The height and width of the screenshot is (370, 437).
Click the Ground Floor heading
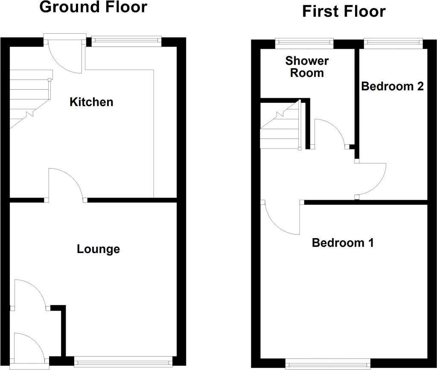[x=93, y=7]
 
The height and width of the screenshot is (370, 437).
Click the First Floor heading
[x=344, y=11]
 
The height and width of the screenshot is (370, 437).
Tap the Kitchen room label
[x=91, y=102]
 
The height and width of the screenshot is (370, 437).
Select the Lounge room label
[x=98, y=249]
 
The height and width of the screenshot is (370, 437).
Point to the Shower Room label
[x=307, y=67]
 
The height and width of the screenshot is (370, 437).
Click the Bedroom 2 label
[x=392, y=86]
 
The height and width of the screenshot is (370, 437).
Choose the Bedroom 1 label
[x=343, y=243]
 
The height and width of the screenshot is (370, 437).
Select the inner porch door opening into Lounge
[x=30, y=294]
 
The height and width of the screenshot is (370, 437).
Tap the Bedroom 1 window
[x=328, y=364]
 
